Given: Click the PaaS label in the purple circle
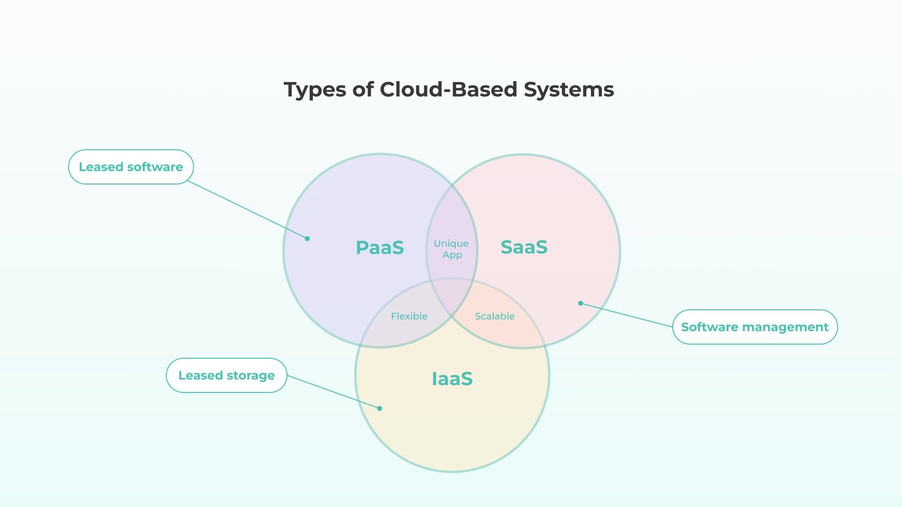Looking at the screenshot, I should [380, 247].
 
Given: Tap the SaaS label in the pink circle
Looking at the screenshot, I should [524, 247].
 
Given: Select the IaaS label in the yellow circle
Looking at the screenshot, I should [452, 378].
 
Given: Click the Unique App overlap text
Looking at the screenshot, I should [451, 249].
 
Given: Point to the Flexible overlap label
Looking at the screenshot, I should [409, 316].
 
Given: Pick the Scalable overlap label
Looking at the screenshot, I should [494, 316].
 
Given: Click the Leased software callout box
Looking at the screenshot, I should [131, 167].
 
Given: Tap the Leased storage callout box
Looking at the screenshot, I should [226, 375].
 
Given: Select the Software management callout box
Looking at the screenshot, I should [754, 327].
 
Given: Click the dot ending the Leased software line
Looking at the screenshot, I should [307, 238].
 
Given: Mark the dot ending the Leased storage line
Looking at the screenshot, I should [380, 408].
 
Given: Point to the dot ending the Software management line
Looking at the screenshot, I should [581, 303].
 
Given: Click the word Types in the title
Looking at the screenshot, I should [315, 90].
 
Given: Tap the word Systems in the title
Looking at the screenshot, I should [568, 90].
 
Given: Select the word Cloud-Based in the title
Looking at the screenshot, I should [448, 89].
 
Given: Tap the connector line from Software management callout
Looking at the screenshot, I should [627, 315].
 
